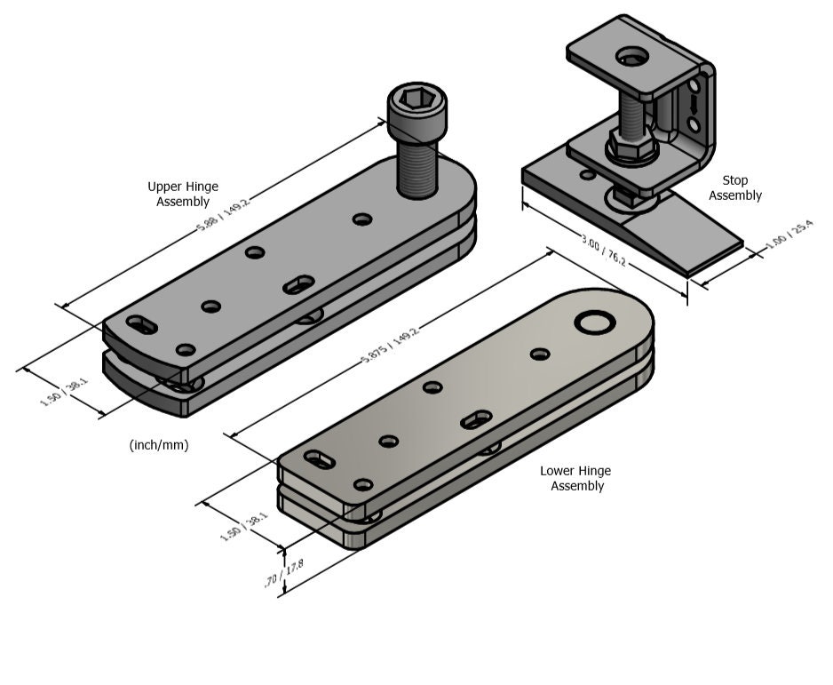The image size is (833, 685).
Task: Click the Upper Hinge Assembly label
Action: [x=182, y=194]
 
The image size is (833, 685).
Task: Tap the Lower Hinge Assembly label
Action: [x=575, y=478]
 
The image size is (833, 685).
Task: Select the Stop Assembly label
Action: [x=735, y=187]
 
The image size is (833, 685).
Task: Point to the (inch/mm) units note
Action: [x=159, y=445]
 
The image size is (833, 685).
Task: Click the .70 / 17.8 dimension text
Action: [x=274, y=573]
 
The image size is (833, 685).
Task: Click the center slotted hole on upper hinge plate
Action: [x=300, y=284]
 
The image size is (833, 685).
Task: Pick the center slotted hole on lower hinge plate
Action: [x=478, y=418]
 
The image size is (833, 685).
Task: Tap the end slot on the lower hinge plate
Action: [x=317, y=459]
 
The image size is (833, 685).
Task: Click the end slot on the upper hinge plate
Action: [x=140, y=324]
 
